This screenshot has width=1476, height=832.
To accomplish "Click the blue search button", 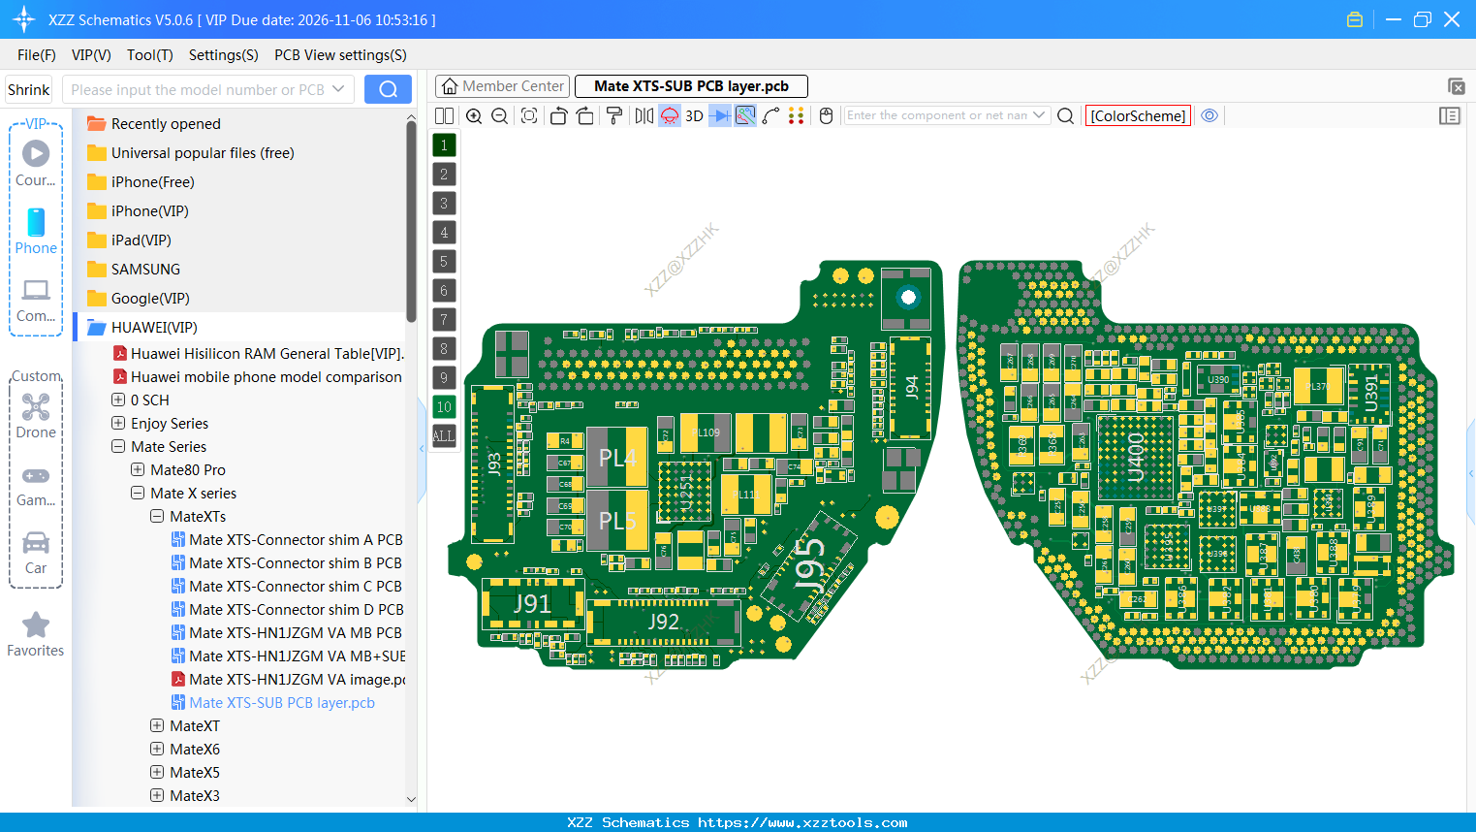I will click(x=388, y=89).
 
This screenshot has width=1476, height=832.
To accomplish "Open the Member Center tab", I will click(x=502, y=86).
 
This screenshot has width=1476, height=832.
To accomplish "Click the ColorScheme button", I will click(x=1138, y=115).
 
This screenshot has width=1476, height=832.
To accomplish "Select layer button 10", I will click(x=444, y=406).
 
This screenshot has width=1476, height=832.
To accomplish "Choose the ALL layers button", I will click(x=444, y=435).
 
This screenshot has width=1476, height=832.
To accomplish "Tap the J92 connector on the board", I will click(x=664, y=622).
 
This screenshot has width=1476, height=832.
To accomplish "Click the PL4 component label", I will click(x=617, y=457).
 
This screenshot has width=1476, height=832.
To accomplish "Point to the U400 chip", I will click(x=1135, y=457).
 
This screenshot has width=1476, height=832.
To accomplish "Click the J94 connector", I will click(x=911, y=387).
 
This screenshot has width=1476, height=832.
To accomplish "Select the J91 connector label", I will click(x=532, y=603).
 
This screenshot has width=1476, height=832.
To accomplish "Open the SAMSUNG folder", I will click(x=145, y=270).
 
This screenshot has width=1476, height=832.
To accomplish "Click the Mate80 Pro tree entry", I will click(x=188, y=470).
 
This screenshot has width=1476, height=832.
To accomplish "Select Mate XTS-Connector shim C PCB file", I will click(x=295, y=587).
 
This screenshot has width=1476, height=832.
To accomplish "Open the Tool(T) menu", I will click(x=149, y=55).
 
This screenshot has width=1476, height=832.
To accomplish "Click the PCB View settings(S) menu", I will click(x=340, y=55).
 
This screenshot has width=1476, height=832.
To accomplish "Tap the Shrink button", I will click(x=29, y=89).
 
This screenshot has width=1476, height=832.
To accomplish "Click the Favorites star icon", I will click(x=36, y=624).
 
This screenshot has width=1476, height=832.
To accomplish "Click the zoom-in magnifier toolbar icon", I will click(x=474, y=116).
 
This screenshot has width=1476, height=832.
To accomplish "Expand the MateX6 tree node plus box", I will click(x=157, y=750).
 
